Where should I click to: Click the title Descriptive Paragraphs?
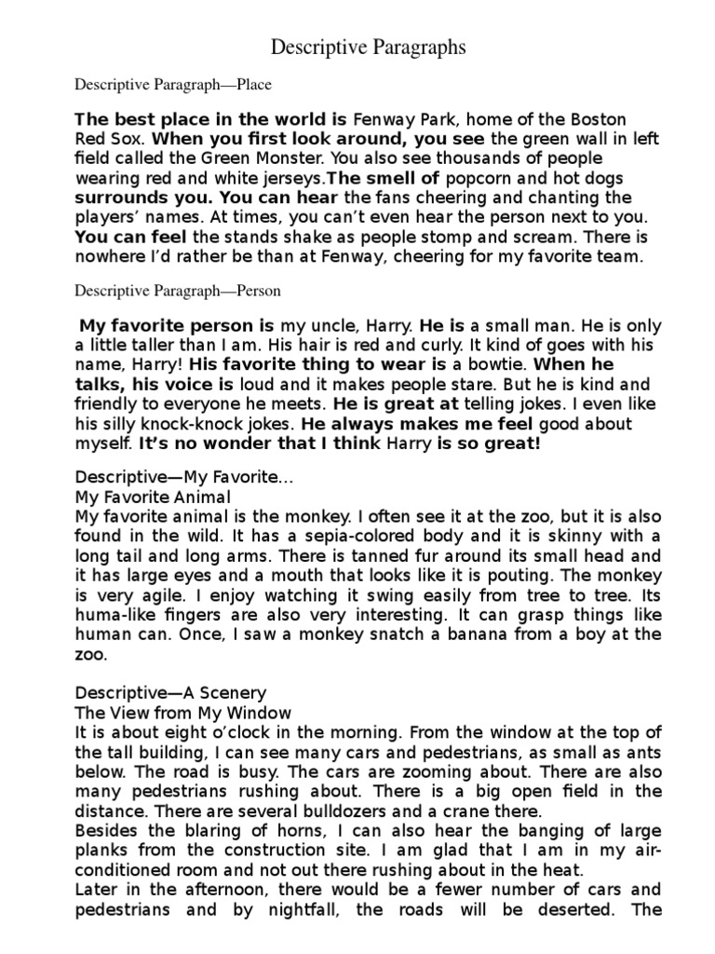click(368, 48)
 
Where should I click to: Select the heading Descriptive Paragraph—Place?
click(173, 86)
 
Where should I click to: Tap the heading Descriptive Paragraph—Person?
click(178, 291)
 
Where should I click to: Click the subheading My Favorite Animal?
click(152, 496)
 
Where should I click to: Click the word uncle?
click(357, 326)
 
